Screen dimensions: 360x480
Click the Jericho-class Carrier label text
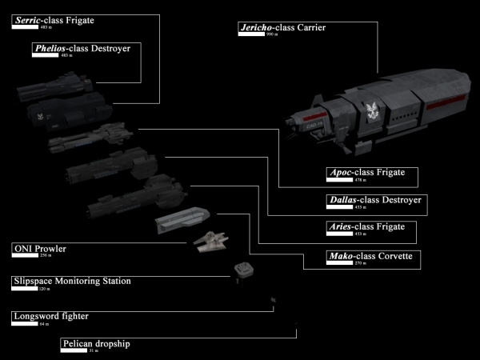(282, 28)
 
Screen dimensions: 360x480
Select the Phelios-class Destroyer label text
(82, 48)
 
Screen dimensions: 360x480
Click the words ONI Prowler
(40, 249)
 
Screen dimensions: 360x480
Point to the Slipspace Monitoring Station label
(72, 282)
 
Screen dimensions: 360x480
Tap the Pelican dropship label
(95, 343)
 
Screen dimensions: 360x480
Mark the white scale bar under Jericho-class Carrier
(250, 36)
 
